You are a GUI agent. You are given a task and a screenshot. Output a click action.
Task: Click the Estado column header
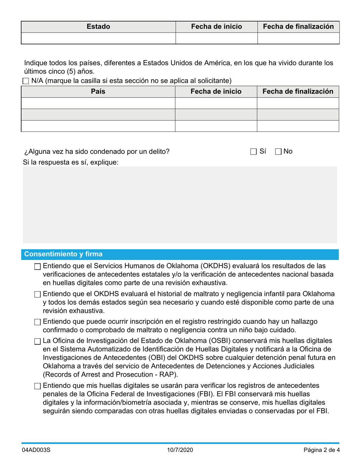point(98,27)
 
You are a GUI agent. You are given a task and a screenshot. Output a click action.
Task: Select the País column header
point(98,91)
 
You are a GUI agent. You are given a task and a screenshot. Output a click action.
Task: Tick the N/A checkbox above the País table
point(26,81)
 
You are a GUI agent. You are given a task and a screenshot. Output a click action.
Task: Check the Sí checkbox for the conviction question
point(254,152)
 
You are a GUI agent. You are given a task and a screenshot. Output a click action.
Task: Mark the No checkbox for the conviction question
point(278,152)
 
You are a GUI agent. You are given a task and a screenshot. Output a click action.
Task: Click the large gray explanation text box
point(180,205)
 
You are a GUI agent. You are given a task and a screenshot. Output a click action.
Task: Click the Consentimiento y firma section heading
point(63,254)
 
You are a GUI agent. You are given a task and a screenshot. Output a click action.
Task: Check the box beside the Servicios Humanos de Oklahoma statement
point(37,267)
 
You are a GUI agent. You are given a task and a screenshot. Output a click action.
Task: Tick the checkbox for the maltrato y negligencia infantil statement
point(37,294)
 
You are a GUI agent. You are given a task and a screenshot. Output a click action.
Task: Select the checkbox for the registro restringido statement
point(37,322)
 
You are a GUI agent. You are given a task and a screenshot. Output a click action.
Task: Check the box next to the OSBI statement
point(37,341)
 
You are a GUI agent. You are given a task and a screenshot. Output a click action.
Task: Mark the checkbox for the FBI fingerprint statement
point(37,386)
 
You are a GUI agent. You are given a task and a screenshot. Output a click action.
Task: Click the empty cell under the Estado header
point(98,38)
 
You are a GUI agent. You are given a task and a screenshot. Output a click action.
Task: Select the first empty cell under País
point(98,103)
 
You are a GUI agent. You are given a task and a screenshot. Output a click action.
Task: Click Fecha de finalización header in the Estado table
point(298,27)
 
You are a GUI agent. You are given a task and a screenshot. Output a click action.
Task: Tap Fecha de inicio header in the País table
point(216,91)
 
